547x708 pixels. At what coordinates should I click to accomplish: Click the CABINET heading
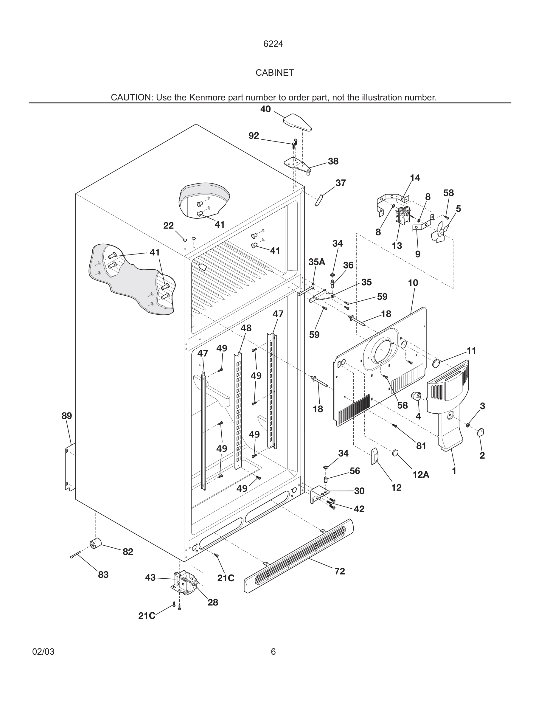tap(274, 73)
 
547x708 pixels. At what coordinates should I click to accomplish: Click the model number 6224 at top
tap(273, 44)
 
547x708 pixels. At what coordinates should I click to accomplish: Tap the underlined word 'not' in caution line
tap(338, 97)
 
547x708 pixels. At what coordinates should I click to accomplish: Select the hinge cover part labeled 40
tap(297, 122)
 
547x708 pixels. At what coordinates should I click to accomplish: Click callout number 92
tap(254, 136)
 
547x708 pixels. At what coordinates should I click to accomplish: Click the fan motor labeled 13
tap(403, 215)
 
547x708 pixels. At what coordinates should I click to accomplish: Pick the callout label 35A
tap(316, 262)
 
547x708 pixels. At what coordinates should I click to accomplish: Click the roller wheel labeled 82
tap(95, 543)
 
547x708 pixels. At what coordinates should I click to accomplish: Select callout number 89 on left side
tap(67, 416)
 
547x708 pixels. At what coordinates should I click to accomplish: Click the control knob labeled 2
tap(481, 432)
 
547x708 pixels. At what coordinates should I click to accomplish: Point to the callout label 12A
tap(421, 475)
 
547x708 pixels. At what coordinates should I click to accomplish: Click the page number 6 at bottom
tap(273, 652)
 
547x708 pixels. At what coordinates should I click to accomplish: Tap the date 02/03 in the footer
tap(43, 652)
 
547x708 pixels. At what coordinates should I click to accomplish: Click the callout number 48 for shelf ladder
tap(246, 328)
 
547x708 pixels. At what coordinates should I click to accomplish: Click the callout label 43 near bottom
tap(150, 578)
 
